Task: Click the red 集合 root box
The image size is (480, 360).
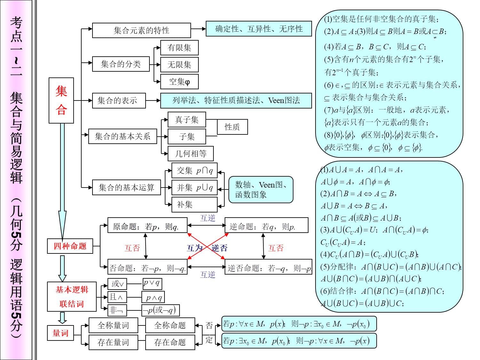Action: [x=61, y=100]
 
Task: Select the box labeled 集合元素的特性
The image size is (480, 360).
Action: [x=141, y=30]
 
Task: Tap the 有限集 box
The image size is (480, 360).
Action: [x=179, y=48]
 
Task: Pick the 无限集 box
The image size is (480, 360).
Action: [x=179, y=65]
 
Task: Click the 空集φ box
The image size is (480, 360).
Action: [x=179, y=82]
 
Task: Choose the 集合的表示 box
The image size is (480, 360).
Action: [x=119, y=100]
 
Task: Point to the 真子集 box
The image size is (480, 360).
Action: [x=187, y=120]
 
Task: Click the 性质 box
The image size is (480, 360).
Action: [x=232, y=127]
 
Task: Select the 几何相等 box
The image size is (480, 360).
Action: [x=190, y=154]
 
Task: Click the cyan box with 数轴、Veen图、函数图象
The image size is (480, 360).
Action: [x=261, y=189]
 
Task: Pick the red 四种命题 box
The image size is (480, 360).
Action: [x=70, y=246]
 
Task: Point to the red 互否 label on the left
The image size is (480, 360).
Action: [x=132, y=248]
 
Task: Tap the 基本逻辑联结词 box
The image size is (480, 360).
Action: [x=72, y=296]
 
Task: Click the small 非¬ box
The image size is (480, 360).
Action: [x=117, y=310]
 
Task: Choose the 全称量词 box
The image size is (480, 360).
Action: [x=113, y=325]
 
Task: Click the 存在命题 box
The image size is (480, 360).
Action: [x=170, y=342]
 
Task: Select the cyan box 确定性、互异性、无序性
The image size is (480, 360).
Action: [x=259, y=29]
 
